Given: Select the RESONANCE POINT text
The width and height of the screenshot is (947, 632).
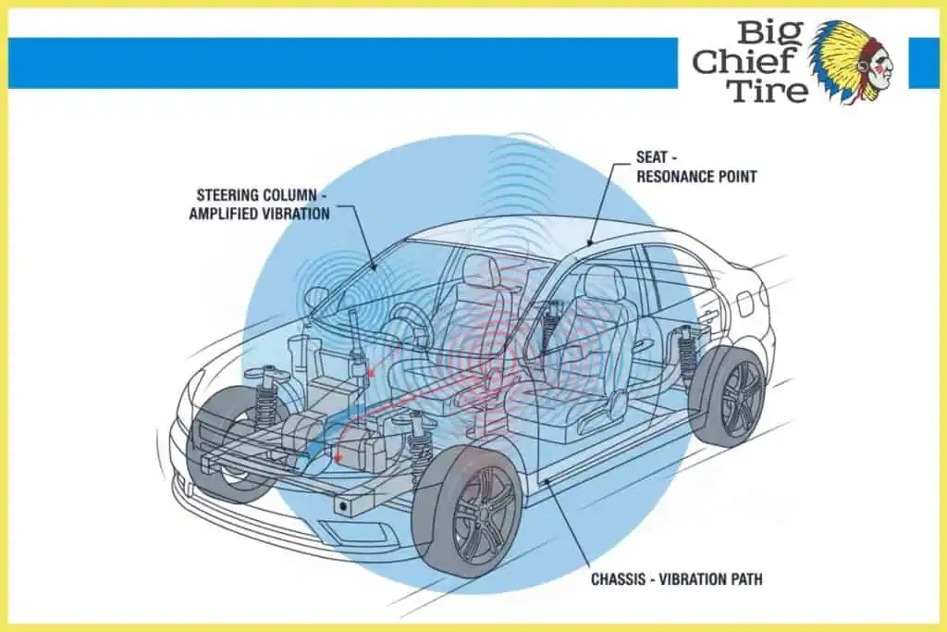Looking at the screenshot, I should tap(696, 176).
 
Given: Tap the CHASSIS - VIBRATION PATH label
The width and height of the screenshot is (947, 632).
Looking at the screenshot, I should tap(677, 580).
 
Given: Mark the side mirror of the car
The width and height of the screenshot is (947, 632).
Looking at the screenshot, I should tap(316, 298).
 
